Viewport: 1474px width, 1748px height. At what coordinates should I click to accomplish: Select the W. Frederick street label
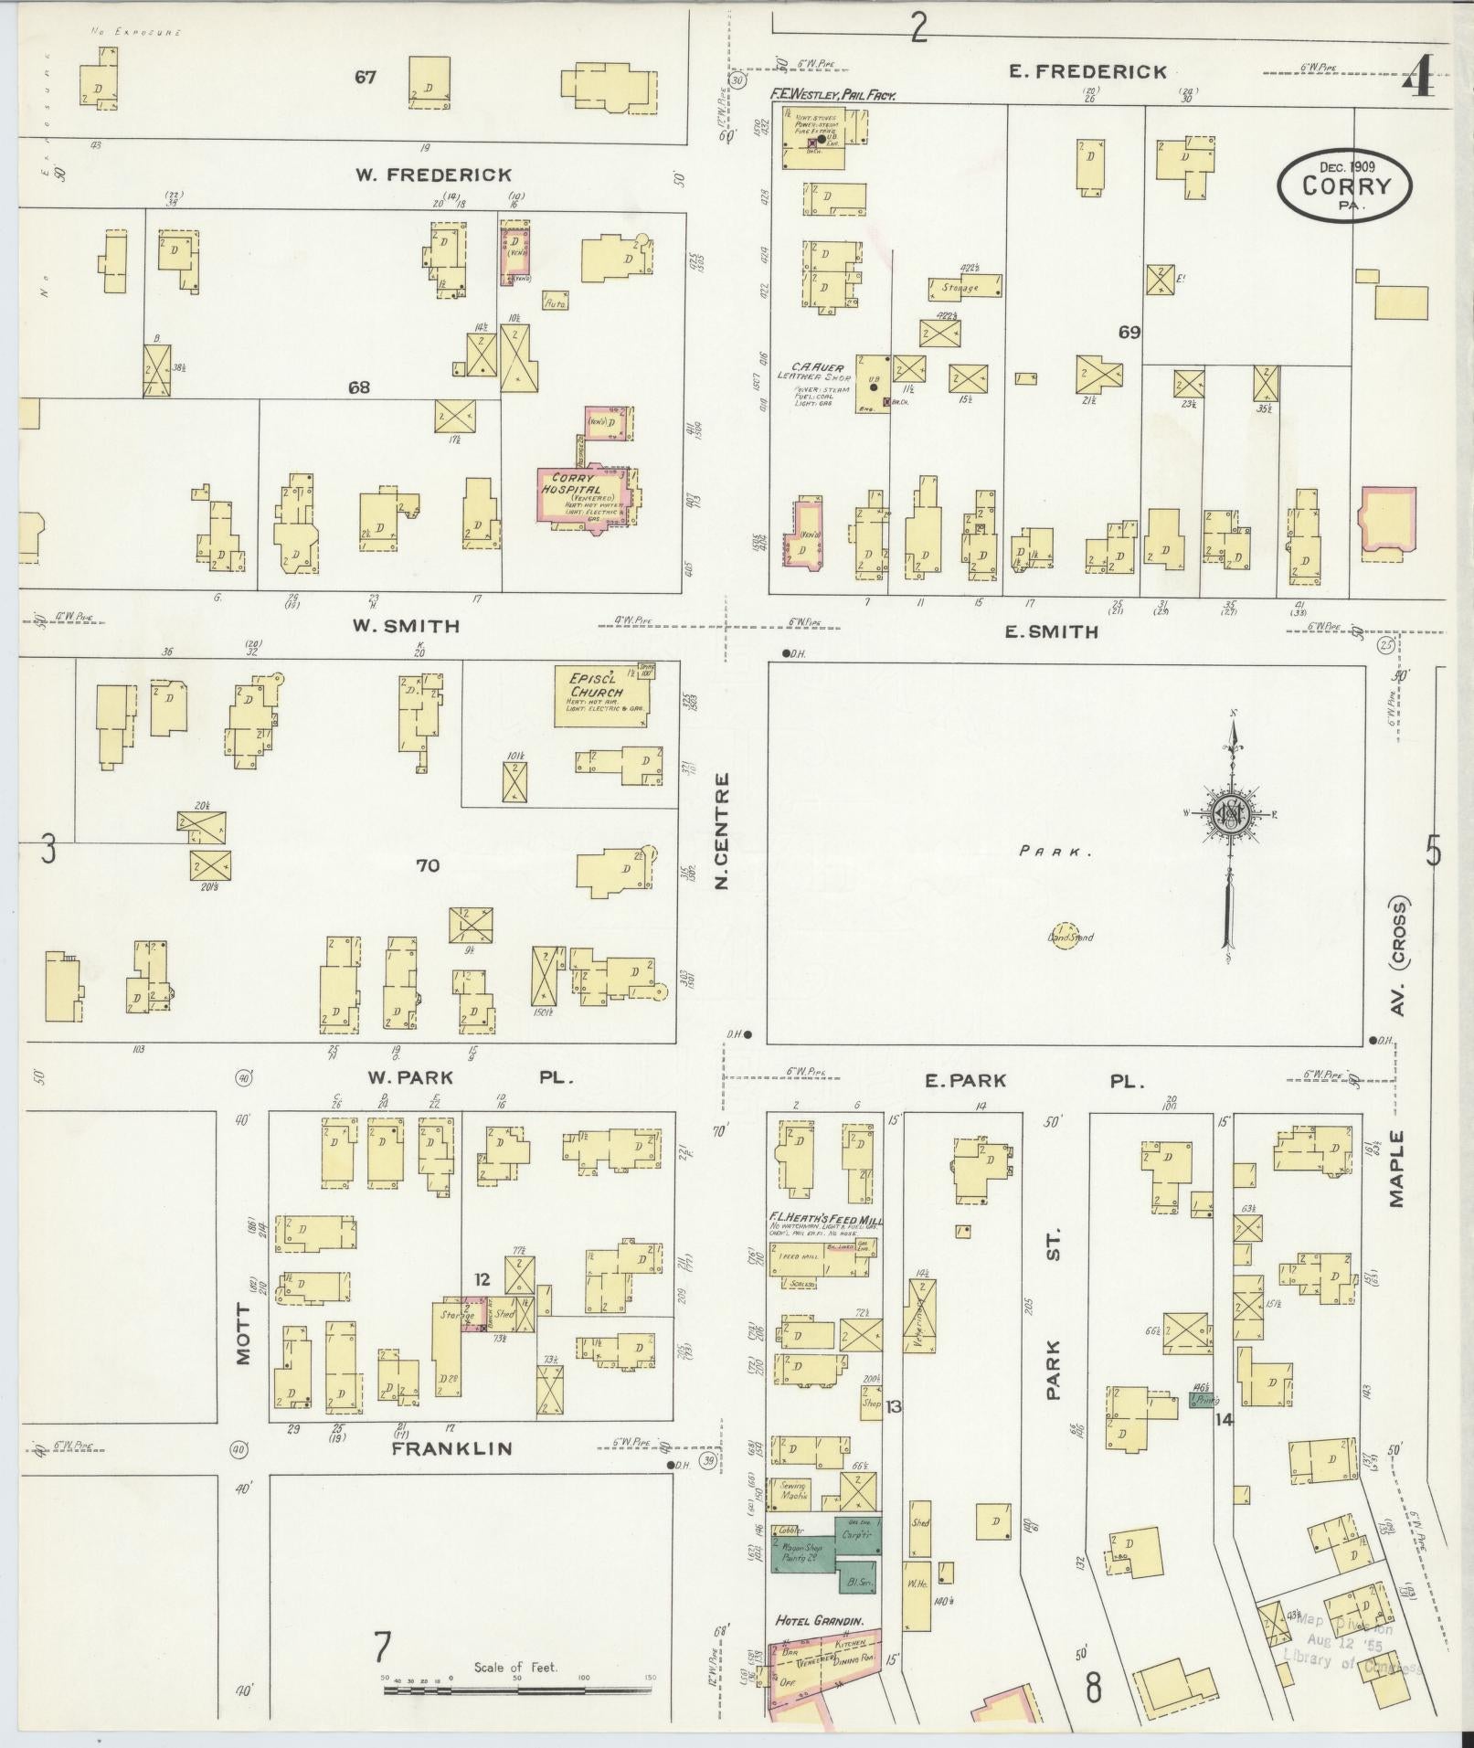(x=433, y=175)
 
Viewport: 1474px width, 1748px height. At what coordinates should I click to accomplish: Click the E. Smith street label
(x=1051, y=631)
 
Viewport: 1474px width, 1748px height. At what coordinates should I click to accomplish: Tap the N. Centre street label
(x=722, y=832)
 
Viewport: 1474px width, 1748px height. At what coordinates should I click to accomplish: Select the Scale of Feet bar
(x=516, y=1690)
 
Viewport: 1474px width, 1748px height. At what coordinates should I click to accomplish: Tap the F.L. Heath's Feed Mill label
(x=824, y=1220)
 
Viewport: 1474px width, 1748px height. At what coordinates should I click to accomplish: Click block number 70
(x=428, y=865)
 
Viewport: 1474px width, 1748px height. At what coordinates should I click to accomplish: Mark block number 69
(x=1129, y=333)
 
